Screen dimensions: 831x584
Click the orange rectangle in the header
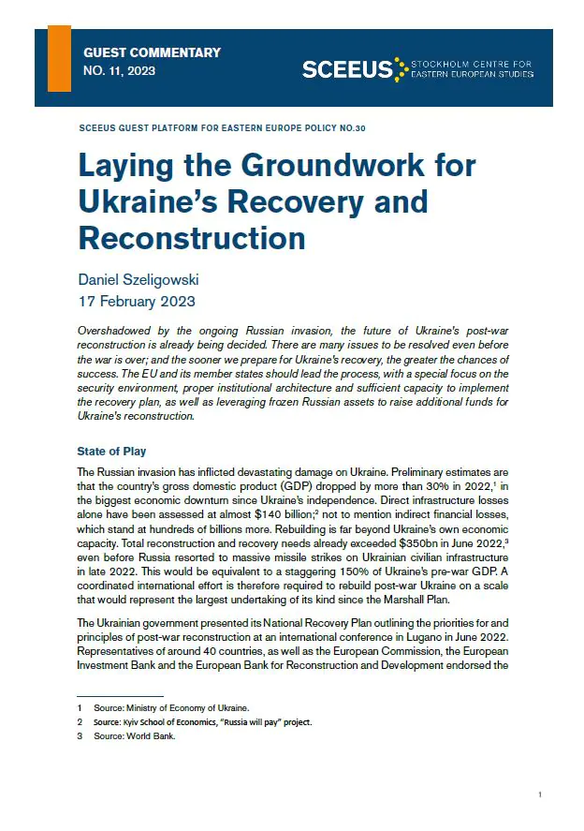tap(59, 58)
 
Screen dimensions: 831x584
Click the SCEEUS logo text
tap(347, 68)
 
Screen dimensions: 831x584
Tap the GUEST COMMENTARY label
tap(152, 52)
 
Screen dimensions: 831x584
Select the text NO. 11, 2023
tap(120, 71)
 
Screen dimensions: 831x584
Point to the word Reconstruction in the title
tap(192, 237)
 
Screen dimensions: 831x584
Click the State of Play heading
tap(111, 452)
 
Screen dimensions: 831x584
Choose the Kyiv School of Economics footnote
tap(202, 721)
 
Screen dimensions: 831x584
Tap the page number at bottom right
tap(540, 794)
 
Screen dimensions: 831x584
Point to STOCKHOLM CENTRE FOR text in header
tap(473, 63)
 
